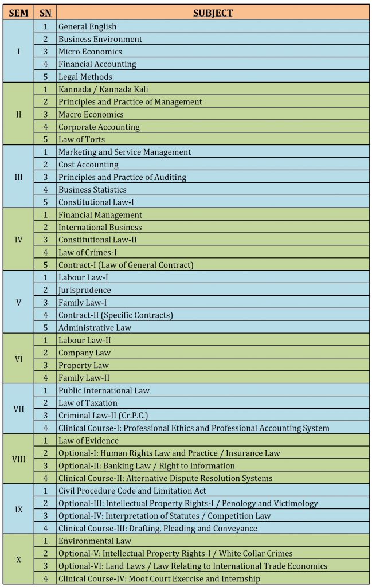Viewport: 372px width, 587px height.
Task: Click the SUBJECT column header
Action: [213, 13]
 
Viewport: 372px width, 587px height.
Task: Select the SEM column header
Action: [18, 13]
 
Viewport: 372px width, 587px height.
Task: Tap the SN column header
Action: [45, 13]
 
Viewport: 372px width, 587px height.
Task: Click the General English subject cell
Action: [87, 26]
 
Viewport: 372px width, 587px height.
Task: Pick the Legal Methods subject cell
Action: [85, 77]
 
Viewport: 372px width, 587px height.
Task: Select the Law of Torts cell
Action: [81, 139]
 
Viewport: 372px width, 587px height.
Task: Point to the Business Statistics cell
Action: [92, 190]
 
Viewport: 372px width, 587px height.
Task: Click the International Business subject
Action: [100, 228]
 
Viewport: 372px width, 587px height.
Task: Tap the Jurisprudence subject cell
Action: [85, 290]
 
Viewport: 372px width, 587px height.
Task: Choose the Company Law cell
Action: [84, 353]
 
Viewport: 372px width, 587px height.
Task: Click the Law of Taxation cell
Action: [88, 403]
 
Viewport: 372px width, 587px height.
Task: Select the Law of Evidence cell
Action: [88, 441]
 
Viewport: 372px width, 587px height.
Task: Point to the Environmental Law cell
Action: [95, 541]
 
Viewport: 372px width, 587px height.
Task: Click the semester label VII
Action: [18, 409]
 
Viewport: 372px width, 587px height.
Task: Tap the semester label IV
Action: [18, 240]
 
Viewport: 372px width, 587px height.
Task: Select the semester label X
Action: [18, 559]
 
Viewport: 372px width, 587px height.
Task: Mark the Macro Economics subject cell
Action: [91, 115]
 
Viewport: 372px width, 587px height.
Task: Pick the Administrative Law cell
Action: [95, 328]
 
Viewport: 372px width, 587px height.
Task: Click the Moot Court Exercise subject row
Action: [159, 579]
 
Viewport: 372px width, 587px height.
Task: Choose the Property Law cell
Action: [84, 366]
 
